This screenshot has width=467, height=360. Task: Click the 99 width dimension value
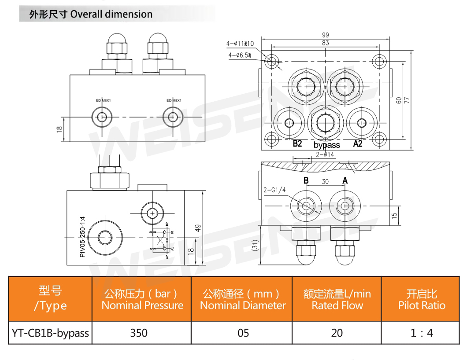pyautogui.click(x=326, y=35)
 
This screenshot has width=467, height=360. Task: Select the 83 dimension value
pyautogui.click(x=326, y=43)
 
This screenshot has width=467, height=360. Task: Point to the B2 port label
pyautogui.click(x=297, y=144)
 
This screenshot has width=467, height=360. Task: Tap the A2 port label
pyautogui.click(x=357, y=144)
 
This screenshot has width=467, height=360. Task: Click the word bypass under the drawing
pyautogui.click(x=327, y=145)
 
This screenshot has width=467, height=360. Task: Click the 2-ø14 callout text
pyautogui.click(x=326, y=154)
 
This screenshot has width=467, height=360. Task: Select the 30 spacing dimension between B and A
pyautogui.click(x=325, y=181)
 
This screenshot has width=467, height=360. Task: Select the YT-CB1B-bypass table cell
pyautogui.click(x=50, y=333)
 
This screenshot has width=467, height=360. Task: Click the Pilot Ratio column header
pyautogui.click(x=422, y=300)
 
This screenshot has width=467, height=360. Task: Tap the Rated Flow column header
pyautogui.click(x=337, y=300)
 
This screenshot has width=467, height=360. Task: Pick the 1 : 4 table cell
pyautogui.click(x=421, y=333)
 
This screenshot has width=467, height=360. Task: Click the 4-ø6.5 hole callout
pyautogui.click(x=239, y=55)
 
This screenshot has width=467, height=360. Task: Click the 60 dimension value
pyautogui.click(x=398, y=100)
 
